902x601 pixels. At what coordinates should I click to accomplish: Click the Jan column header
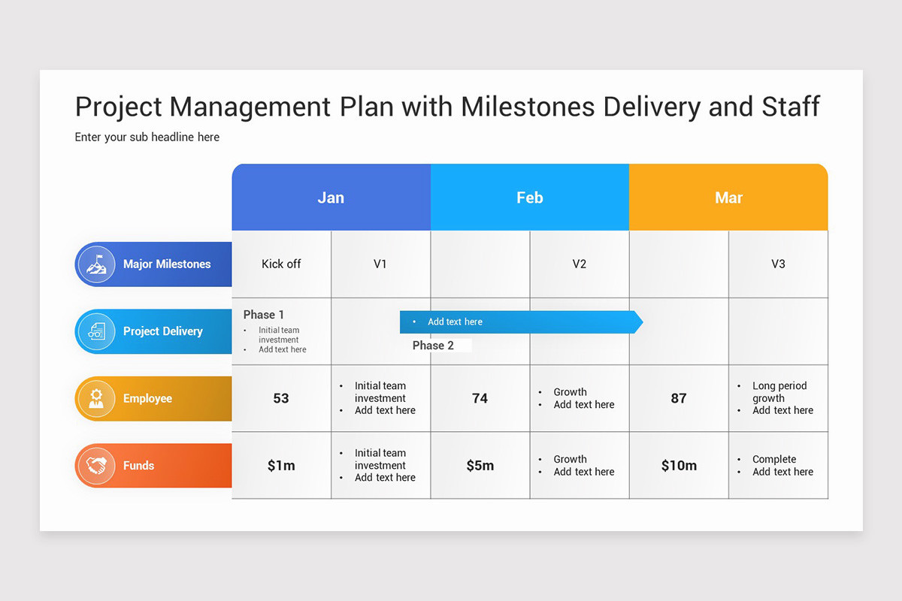pos(331,198)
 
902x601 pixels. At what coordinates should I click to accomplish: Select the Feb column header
pos(529,198)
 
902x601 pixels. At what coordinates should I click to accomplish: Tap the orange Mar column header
pos(728,198)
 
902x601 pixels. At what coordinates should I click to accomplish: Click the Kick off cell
pos(281,264)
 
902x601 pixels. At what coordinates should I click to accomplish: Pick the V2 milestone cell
pos(579,264)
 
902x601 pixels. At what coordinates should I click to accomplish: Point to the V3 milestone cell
pos(778,264)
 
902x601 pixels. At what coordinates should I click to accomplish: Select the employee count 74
pos(480,398)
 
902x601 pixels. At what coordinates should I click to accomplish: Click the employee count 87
pos(679,398)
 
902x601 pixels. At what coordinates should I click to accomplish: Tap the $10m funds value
pos(679,466)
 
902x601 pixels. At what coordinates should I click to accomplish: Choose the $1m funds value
pos(281,466)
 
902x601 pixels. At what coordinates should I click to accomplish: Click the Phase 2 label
pos(433,346)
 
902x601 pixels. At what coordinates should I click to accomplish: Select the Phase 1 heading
pos(264,315)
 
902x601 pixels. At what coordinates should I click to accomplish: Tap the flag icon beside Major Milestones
pos(95,264)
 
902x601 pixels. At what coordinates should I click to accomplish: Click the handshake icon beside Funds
pos(95,466)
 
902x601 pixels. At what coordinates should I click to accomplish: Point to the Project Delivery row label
pos(163,331)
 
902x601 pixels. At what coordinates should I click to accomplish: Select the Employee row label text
pos(147,398)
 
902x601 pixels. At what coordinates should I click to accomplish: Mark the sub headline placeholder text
pos(147,137)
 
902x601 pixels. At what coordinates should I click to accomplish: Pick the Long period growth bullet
pos(779,391)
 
